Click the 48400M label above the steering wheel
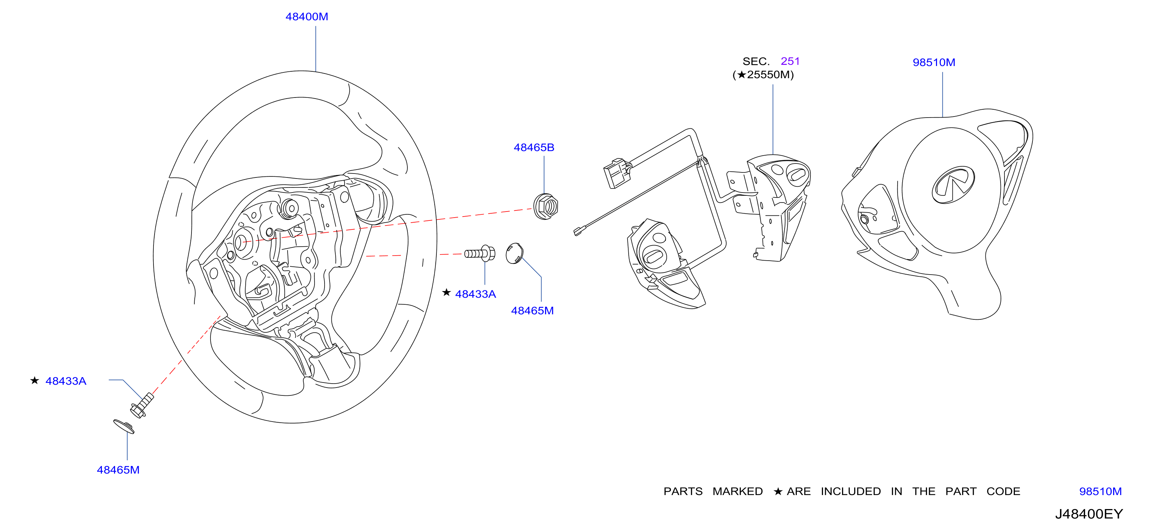pos(307,17)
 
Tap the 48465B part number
pos(534,148)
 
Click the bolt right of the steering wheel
pos(480,253)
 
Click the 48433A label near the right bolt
pos(475,295)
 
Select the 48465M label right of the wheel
pos(532,311)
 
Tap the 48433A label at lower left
pos(66,381)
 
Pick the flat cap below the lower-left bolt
pos(124,426)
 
